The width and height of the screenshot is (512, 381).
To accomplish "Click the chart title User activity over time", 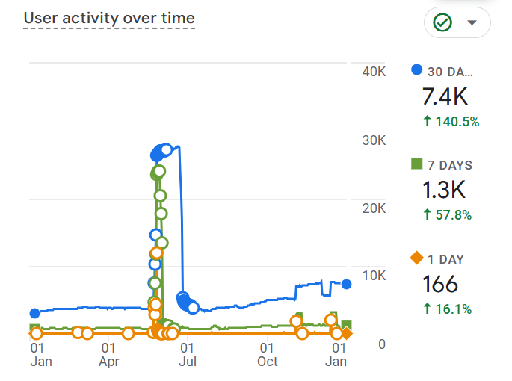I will (109, 18).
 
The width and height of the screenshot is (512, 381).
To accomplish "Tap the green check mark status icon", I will (442, 22).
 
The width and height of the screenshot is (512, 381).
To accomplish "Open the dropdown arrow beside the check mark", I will (472, 22).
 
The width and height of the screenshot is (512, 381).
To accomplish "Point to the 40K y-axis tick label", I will (373, 72).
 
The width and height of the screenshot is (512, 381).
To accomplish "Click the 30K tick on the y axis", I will (373, 140).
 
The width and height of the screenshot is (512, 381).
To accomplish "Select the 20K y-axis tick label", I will (373, 208).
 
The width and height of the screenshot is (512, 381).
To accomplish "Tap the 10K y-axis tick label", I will (373, 276).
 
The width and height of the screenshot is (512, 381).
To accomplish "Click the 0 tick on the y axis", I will (381, 344).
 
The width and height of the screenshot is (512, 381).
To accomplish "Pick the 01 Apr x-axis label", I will (108, 354).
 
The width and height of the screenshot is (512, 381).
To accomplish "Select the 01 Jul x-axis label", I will (188, 354).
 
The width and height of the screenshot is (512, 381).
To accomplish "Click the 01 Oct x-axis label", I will (267, 354).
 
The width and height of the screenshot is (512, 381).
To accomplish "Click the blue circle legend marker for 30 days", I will (417, 70).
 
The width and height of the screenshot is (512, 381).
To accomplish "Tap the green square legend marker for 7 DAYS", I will (417, 164).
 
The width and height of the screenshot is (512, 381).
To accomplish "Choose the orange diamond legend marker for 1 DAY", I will (417, 258).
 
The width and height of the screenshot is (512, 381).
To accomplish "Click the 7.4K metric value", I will (445, 96).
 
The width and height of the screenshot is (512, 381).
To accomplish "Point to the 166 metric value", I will (440, 285).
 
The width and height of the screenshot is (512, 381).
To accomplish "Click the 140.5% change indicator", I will (451, 121).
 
